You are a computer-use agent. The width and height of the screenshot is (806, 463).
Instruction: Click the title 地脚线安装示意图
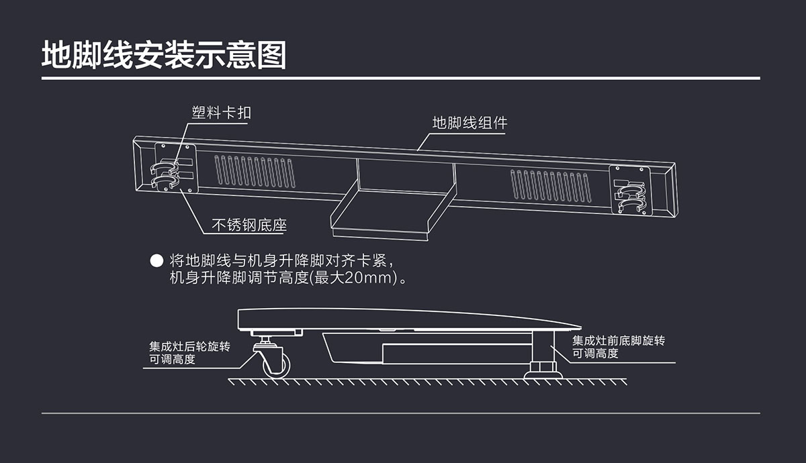[x=164, y=55]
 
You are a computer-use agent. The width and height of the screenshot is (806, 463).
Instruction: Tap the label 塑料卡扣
[x=222, y=112]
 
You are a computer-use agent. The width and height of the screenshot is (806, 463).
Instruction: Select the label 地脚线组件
[x=469, y=123]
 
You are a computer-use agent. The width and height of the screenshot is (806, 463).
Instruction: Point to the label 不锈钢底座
[x=249, y=225]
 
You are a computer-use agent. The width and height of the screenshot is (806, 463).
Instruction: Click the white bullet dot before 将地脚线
[x=156, y=260]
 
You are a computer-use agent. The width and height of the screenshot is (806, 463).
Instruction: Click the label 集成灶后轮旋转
[x=189, y=347]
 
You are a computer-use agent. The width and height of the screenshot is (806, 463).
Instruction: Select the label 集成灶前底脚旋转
[x=618, y=341]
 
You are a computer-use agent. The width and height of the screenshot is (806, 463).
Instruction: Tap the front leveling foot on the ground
[x=543, y=369]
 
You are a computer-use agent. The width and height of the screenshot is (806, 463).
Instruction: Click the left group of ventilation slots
[x=254, y=172]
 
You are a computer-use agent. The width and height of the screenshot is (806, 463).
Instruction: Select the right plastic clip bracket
[x=631, y=191]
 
